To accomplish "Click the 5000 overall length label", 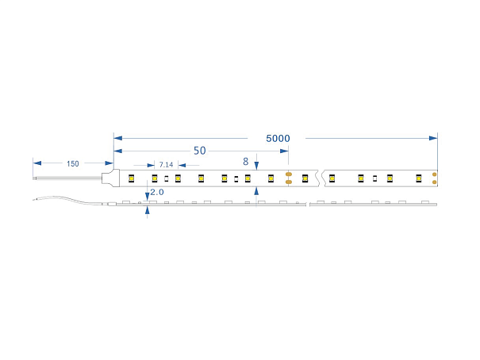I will (278, 138).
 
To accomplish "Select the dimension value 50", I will (199, 151).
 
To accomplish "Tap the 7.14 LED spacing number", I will (165, 165).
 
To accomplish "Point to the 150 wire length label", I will (72, 164).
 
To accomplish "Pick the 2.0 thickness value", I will (156, 193).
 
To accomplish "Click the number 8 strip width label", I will (246, 162).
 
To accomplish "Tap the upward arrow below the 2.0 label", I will (147, 212).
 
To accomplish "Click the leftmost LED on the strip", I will (132, 178).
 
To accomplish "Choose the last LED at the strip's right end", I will (417, 178).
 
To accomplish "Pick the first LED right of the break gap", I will (332, 178).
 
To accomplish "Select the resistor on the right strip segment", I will (375, 178).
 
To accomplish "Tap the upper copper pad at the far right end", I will (435, 174).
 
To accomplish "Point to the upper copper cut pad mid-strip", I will (289, 174).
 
